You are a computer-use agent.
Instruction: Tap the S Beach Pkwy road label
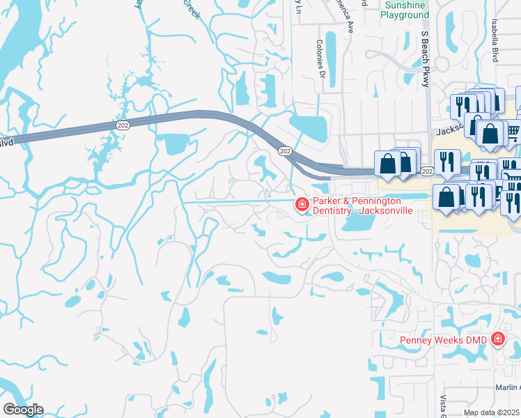(x=425, y=60)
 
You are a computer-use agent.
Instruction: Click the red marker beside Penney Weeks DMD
(x=497, y=339)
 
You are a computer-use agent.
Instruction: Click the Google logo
(x=23, y=409)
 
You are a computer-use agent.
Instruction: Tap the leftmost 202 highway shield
(x=123, y=125)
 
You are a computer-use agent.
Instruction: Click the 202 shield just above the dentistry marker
(x=284, y=150)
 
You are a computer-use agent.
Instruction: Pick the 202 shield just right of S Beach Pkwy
(x=428, y=171)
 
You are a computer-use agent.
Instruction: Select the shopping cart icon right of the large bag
(x=512, y=131)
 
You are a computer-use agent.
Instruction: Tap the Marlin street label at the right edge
(x=508, y=388)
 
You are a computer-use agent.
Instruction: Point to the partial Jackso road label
(x=449, y=130)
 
